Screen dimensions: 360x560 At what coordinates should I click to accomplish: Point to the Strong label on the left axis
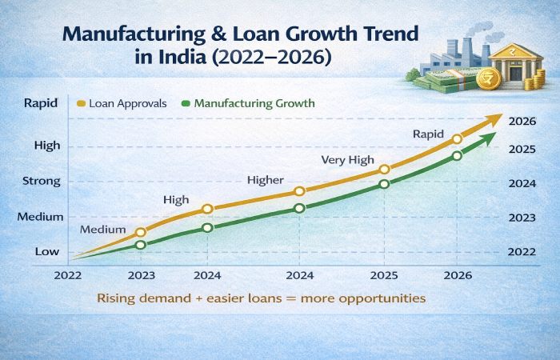pos(42,181)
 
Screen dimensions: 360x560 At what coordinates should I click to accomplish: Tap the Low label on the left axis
pos(46,251)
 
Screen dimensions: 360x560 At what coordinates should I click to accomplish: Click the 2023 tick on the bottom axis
pos(141,274)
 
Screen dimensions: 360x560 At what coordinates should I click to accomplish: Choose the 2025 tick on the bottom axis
pos(384,274)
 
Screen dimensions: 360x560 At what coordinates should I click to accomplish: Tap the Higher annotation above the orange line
pos(265,180)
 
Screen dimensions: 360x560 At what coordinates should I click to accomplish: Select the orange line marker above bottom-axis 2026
pos(457,139)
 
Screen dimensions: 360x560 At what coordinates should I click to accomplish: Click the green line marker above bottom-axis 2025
pos(384,184)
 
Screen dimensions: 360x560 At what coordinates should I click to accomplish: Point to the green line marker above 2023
pos(141,245)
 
